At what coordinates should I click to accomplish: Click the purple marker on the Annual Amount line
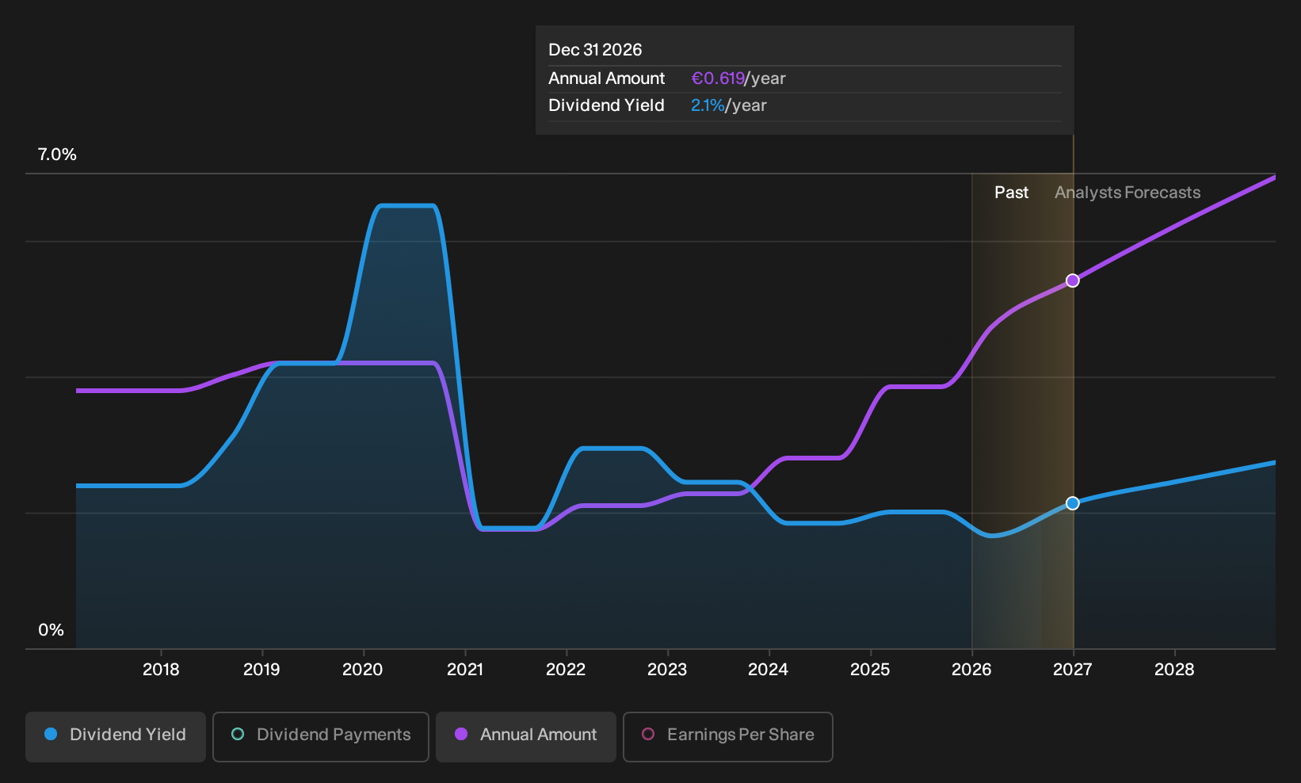pyautogui.click(x=1073, y=281)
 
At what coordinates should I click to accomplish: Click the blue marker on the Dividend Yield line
pyautogui.click(x=1073, y=503)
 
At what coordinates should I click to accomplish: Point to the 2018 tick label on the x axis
pyautogui.click(x=161, y=670)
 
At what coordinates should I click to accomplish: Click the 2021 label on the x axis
pyautogui.click(x=464, y=670)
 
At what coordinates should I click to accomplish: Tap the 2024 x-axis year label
pyautogui.click(x=768, y=670)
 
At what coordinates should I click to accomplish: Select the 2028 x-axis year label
pyautogui.click(x=1174, y=670)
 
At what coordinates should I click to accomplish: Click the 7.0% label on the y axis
pyautogui.click(x=57, y=155)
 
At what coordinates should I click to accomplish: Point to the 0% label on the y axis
pyautogui.click(x=52, y=630)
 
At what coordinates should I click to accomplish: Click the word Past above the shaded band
pyautogui.click(x=1011, y=193)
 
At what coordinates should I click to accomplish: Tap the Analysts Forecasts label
pyautogui.click(x=1127, y=193)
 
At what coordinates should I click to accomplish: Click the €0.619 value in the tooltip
pyautogui.click(x=718, y=78)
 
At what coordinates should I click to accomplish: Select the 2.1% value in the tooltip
pyautogui.click(x=708, y=105)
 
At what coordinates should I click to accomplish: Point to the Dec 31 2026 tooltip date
pyautogui.click(x=595, y=50)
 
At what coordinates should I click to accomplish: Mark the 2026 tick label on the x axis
pyautogui.click(x=971, y=670)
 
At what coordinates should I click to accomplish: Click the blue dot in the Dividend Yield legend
pyautogui.click(x=52, y=734)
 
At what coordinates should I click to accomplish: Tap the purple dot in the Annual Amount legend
pyautogui.click(x=461, y=734)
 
